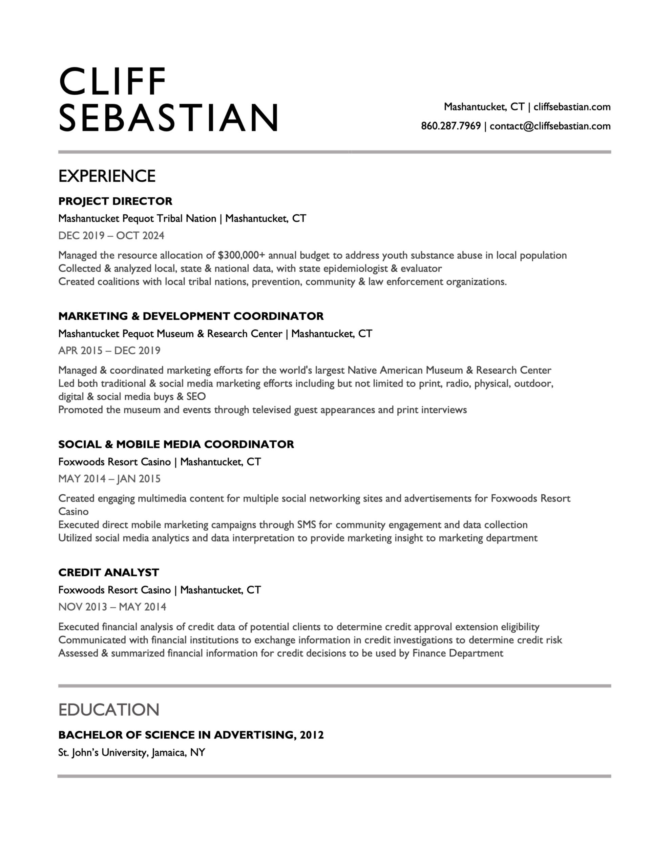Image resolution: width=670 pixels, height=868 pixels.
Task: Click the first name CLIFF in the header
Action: pyautogui.click(x=112, y=81)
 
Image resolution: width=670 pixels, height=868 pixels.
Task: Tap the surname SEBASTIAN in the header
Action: pyautogui.click(x=169, y=118)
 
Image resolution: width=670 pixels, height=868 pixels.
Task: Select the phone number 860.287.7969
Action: pyautogui.click(x=451, y=126)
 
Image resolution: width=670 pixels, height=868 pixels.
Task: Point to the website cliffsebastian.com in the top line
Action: pyautogui.click(x=571, y=106)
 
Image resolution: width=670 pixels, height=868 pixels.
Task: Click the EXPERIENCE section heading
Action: pyautogui.click(x=107, y=176)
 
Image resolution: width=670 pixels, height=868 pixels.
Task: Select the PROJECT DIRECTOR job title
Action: pyautogui.click(x=115, y=201)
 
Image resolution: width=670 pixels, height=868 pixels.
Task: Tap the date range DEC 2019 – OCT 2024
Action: pyautogui.click(x=111, y=236)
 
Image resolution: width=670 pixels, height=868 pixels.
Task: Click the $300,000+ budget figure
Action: pyautogui.click(x=241, y=255)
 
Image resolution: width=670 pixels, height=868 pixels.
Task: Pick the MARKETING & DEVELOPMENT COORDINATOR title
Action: pyautogui.click(x=191, y=316)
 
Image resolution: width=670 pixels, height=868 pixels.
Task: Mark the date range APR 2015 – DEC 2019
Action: pyautogui.click(x=109, y=351)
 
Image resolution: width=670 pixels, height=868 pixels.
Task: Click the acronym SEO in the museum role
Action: pyautogui.click(x=196, y=397)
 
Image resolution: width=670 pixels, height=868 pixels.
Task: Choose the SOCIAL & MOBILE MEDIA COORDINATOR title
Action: pyautogui.click(x=176, y=444)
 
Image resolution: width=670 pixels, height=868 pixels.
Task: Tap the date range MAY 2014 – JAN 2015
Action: pyautogui.click(x=109, y=478)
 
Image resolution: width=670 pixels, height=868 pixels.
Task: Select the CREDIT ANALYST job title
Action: pyautogui.click(x=108, y=572)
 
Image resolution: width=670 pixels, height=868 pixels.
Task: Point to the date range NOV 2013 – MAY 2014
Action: pyautogui.click(x=112, y=607)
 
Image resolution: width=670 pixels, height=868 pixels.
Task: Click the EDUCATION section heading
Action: pyautogui.click(x=109, y=709)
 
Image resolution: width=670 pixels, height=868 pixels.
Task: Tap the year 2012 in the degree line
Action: pyautogui.click(x=312, y=735)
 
